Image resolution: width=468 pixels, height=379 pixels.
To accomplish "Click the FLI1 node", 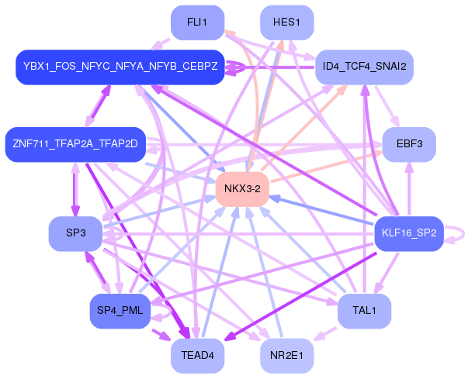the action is coord(197,22).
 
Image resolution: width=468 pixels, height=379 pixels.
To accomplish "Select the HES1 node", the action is coord(287,22).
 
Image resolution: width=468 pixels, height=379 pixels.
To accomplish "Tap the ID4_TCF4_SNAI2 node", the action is coord(365,67).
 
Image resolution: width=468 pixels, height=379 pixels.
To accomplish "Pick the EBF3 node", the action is coord(409,144).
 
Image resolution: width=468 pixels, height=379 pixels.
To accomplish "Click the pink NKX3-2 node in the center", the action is coord(242,189).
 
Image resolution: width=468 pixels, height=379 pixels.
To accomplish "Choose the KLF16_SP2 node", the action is coord(409,233).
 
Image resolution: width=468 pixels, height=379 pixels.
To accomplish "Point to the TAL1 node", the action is coord(365,311).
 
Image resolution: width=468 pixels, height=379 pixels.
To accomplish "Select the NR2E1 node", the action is coord(287,356).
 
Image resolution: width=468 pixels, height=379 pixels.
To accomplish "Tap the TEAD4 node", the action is coord(197,356).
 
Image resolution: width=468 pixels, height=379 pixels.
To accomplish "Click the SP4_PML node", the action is coord(120,311).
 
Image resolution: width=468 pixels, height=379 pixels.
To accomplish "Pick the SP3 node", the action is coord(75,233).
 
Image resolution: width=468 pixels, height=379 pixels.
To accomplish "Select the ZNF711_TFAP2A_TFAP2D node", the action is coord(75,144).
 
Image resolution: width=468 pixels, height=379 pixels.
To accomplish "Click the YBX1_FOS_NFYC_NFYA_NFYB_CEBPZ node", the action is coord(120,67).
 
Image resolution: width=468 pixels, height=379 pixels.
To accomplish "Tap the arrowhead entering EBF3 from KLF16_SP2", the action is coord(409,167).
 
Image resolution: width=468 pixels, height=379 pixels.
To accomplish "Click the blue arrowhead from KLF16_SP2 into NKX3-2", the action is coord(275,198).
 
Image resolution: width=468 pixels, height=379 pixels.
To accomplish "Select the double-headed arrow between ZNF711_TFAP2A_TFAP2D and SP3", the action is coord(75,189).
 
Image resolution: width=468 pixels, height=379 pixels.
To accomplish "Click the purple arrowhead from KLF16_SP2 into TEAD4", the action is coord(230,337).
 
